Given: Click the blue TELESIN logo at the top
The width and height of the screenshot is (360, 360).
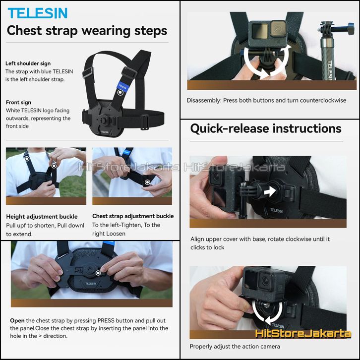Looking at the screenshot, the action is coord(37,13).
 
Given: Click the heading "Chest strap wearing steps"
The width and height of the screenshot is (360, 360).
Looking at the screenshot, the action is coord(87,31).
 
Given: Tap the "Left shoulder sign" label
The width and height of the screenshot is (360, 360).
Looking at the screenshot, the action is coord(28,63).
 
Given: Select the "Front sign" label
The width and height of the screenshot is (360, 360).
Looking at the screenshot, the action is coord(18,103).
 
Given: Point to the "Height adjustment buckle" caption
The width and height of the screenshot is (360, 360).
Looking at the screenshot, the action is coord(42,217).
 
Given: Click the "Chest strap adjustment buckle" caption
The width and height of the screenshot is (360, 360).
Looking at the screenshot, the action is coord(133,216).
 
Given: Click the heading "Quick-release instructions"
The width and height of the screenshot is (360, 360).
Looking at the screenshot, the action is coord(266,128).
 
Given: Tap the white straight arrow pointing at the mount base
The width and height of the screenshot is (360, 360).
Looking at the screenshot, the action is coord(270,191).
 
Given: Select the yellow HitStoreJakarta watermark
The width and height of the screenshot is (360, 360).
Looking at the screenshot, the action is coord(303,333).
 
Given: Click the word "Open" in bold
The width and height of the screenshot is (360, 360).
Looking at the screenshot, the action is coord(17,320).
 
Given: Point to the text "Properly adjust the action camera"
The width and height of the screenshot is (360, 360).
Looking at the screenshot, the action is coord(235,347).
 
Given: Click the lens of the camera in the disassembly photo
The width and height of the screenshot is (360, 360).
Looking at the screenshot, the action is coord(278,29).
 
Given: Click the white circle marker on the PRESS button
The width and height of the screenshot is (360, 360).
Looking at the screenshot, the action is coord(98,273).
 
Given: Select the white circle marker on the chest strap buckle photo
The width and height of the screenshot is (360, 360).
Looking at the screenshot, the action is coord(147,182).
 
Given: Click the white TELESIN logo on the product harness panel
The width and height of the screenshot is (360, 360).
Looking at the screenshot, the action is coord(105,132).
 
